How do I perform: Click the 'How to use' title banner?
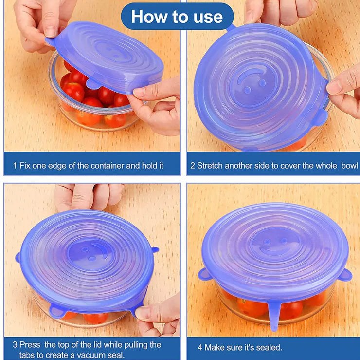[x=177, y=17]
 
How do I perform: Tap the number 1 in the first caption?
[x=15, y=166]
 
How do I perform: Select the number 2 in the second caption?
[x=193, y=166]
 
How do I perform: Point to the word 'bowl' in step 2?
[x=349, y=166]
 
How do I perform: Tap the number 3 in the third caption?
[x=15, y=345]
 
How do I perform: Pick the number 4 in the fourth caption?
[x=200, y=347]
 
